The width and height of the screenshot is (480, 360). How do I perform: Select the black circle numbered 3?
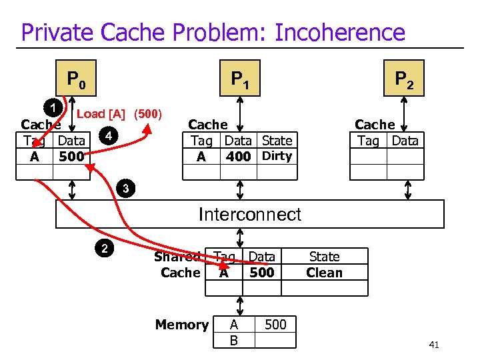point(125,189)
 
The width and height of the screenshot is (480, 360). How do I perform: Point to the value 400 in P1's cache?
point(238,157)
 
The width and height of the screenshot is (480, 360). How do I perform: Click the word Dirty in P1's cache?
point(277,156)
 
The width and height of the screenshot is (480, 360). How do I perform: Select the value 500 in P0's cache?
point(71,157)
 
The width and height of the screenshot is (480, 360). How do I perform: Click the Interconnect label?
point(249,214)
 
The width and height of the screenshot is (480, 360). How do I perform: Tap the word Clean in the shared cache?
point(324,273)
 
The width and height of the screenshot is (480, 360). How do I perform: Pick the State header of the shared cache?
point(324,257)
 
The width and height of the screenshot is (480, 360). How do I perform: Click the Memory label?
point(181,325)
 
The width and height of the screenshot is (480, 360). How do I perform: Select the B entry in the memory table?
point(233,340)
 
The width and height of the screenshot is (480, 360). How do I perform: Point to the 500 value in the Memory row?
point(275,325)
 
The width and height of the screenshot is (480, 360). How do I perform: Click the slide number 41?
point(434,345)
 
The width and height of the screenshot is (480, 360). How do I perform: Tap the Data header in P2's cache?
point(405,141)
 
